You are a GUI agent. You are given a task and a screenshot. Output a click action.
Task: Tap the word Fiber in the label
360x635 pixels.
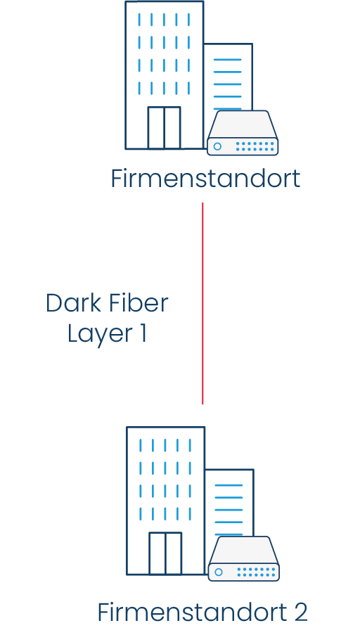(139, 303)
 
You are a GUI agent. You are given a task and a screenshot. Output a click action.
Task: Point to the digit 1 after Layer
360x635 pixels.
(143, 333)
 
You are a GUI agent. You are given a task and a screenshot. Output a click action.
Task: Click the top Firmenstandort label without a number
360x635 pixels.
(205, 179)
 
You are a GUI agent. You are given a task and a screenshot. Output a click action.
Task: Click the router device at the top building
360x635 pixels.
(243, 134)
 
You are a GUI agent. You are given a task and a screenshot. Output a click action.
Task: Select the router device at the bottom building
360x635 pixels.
(244, 560)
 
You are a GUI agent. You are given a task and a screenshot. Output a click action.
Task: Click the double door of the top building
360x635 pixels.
(164, 127)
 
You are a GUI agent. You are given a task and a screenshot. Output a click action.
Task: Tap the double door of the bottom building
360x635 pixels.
(165, 553)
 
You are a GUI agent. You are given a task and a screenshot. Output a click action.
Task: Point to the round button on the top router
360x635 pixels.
(218, 146)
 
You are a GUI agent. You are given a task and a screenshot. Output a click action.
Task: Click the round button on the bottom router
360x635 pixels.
(219, 572)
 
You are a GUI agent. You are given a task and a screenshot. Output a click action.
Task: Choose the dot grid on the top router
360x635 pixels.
(255, 146)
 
